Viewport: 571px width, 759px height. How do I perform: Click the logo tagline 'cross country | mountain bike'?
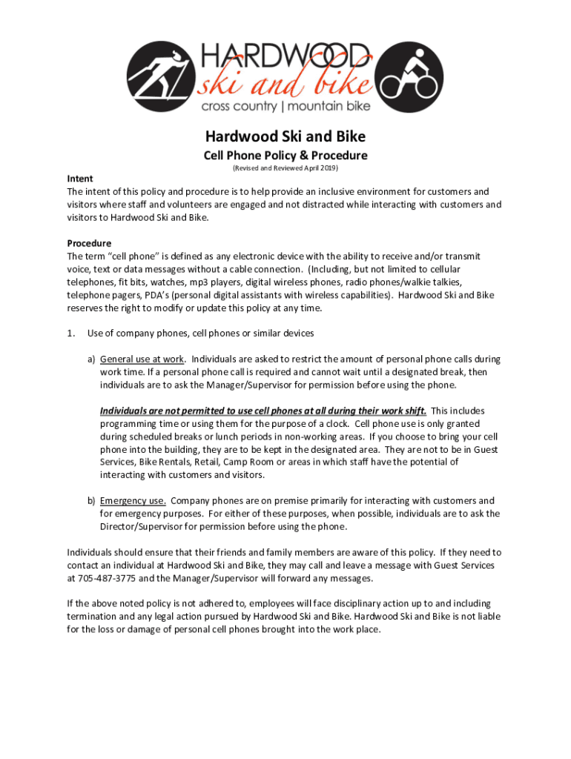point(285,107)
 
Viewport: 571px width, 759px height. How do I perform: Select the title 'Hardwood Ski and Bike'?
point(285,137)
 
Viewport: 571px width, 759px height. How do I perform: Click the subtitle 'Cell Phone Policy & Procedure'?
point(285,156)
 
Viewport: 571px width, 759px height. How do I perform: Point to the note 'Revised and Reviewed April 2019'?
point(285,169)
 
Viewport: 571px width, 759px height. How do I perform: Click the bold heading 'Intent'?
point(80,179)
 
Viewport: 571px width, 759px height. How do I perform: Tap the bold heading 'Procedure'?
point(89,243)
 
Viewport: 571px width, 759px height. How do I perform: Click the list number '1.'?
point(71,333)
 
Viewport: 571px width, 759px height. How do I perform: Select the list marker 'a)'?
point(92,359)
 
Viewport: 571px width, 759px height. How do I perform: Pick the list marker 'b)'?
point(92,500)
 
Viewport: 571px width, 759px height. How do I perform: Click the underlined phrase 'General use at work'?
point(142,359)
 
